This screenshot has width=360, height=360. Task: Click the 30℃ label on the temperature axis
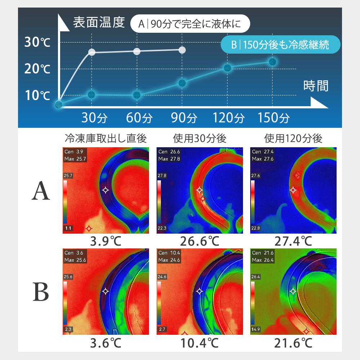click(x=37, y=42)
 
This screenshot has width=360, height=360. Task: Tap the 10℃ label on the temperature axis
click(x=37, y=95)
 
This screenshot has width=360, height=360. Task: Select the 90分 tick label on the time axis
click(x=184, y=118)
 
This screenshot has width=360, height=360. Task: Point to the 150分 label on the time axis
click(x=274, y=118)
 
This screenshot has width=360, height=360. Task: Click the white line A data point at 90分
click(x=182, y=50)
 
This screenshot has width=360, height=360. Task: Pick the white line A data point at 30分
click(x=91, y=52)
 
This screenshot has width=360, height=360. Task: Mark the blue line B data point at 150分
click(x=272, y=62)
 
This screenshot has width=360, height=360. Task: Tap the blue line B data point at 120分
click(x=227, y=68)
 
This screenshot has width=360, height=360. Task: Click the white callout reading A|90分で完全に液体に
click(x=190, y=24)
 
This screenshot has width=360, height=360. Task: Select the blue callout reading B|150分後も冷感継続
click(x=280, y=45)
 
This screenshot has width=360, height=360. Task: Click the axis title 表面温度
click(x=99, y=22)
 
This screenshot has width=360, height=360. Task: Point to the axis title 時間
click(x=316, y=86)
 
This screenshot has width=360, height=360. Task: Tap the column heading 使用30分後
click(x=199, y=138)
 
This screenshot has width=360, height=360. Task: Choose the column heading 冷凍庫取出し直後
click(x=106, y=138)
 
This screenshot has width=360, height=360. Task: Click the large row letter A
click(x=41, y=190)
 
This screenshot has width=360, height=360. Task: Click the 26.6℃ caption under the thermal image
click(x=199, y=241)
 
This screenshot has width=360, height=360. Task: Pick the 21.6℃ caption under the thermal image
click(x=293, y=343)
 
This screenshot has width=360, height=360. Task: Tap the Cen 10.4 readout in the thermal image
click(x=169, y=253)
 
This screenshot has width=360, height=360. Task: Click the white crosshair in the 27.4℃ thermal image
click(x=293, y=190)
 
